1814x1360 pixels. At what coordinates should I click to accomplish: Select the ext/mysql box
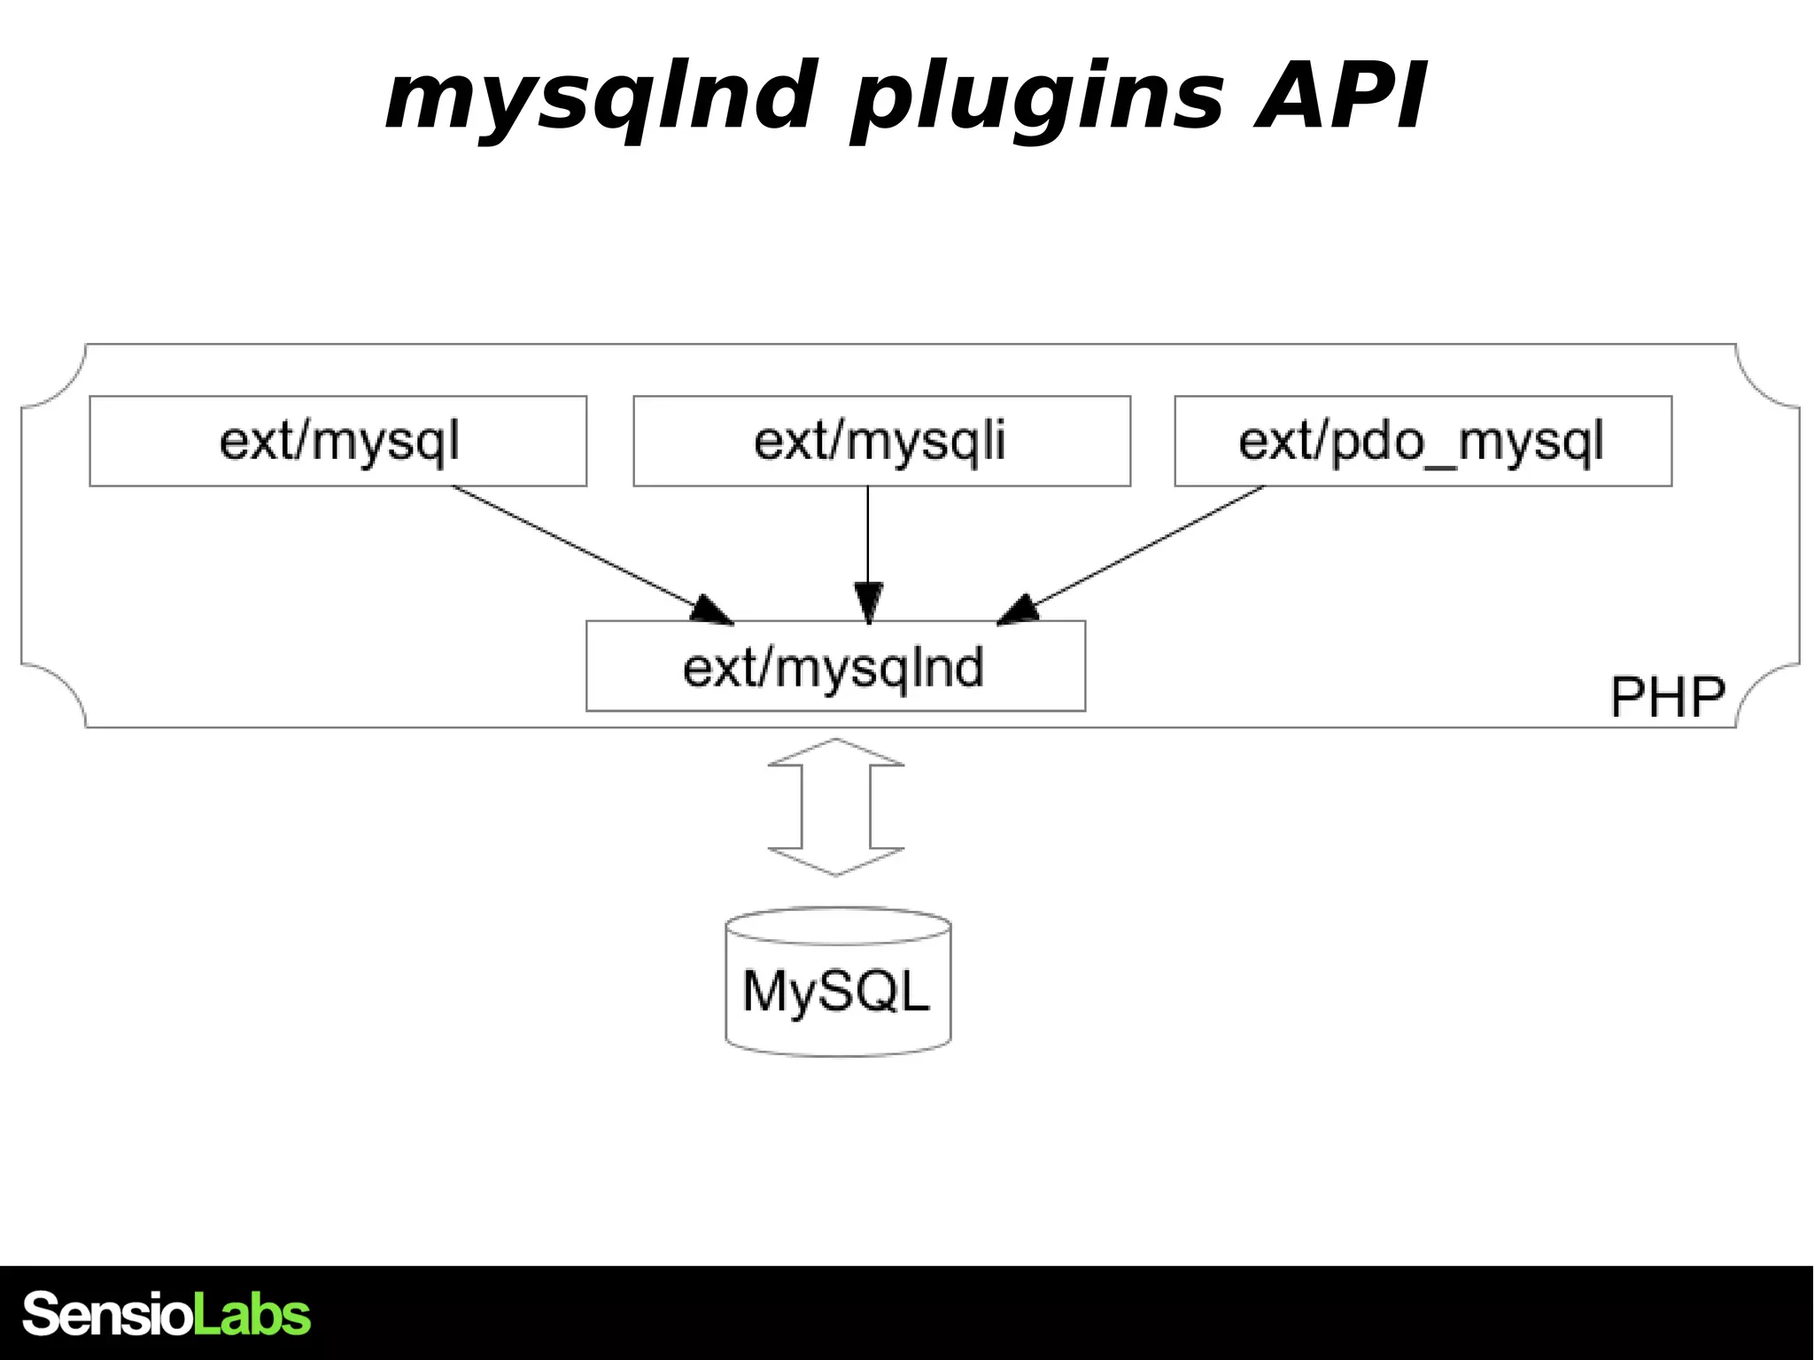(x=337, y=441)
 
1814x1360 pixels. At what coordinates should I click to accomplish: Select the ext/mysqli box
(x=881, y=441)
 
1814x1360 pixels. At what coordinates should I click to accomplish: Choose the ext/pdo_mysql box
(x=1423, y=441)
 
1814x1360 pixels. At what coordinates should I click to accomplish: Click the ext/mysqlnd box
(x=834, y=666)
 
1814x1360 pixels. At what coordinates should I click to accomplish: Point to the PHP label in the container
(x=1667, y=697)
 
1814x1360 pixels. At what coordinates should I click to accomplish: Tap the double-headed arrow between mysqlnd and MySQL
(x=836, y=807)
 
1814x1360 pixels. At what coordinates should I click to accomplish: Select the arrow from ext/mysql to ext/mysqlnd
(x=585, y=551)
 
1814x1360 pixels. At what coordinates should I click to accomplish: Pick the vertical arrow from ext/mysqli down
(x=868, y=540)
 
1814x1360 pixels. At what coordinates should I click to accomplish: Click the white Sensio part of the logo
(x=106, y=1314)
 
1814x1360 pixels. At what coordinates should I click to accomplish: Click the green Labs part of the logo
(x=252, y=1314)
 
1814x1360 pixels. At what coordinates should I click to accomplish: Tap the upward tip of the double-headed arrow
(x=836, y=744)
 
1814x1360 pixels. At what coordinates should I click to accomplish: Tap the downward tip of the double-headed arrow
(x=836, y=870)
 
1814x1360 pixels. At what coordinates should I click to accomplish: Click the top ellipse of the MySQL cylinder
(x=838, y=925)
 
